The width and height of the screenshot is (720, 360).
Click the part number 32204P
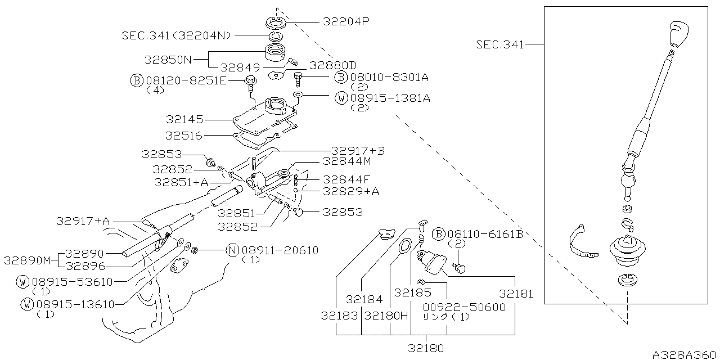pos(346,22)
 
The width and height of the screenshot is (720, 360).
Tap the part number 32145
pos(184,119)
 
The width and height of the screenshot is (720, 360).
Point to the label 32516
pos(184,136)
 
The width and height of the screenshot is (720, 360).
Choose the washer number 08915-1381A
pos(390,98)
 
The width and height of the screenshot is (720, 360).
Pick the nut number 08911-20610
pos(280,250)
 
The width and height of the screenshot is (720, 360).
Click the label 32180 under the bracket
pos(426,348)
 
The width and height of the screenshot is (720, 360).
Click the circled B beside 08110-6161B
pos(439,234)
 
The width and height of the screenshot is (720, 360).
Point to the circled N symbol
pos(232,250)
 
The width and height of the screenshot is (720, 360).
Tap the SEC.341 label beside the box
pos(499,44)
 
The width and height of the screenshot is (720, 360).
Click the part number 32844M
pos(346,161)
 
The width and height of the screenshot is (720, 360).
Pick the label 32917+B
pos(358,151)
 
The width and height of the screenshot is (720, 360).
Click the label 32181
pos(515,294)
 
